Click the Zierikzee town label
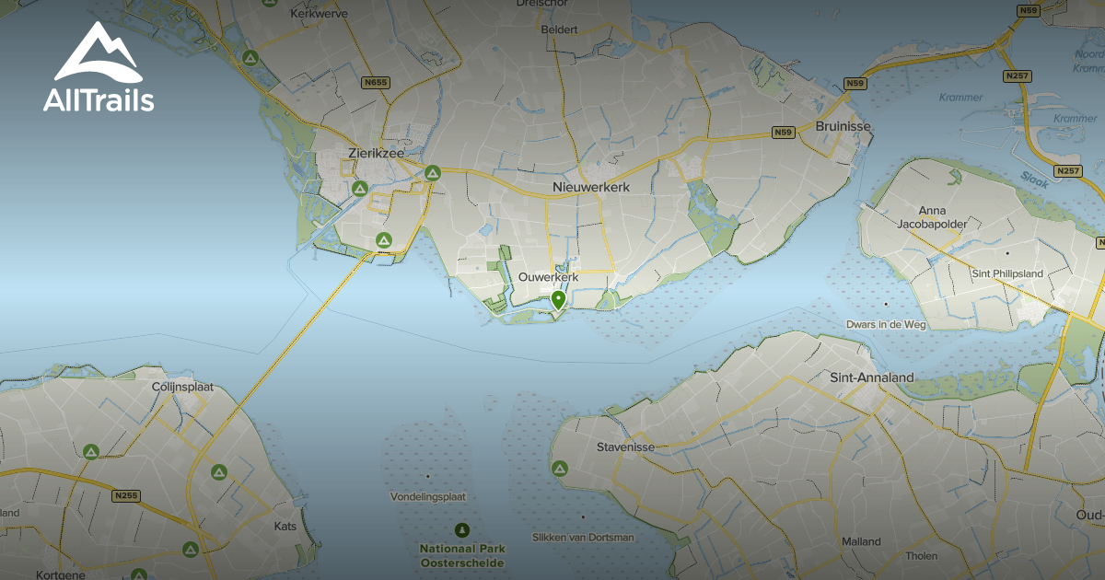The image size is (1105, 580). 376,154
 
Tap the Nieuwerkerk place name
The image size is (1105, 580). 590,188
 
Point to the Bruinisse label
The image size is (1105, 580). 843,126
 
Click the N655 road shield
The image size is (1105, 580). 376,83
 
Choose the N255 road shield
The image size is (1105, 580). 126,496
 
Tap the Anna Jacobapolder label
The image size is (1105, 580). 932,217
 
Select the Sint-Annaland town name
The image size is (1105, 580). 871,377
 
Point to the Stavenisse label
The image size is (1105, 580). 625,447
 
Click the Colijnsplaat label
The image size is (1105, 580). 182,388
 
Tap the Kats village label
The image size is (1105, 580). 285,528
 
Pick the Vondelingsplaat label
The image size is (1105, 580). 428,496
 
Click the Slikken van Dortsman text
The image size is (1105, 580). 583,537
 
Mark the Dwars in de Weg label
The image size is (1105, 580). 887,324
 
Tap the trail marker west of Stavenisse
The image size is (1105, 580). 559,469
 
